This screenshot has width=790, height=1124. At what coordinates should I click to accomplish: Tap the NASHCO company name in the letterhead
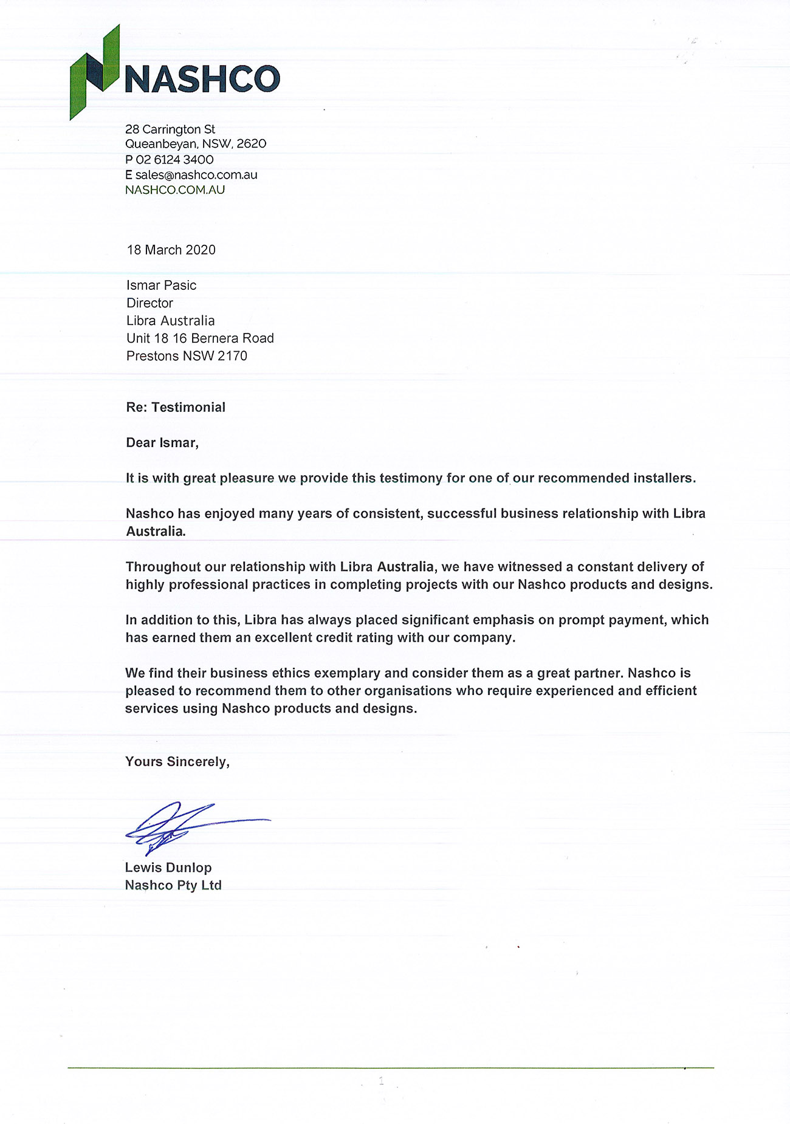click(x=202, y=80)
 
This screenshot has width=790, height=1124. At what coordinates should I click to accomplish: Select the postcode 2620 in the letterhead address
click(x=252, y=144)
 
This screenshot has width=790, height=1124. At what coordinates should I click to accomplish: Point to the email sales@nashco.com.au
click(x=196, y=175)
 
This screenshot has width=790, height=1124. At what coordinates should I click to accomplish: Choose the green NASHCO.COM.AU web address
click(x=175, y=190)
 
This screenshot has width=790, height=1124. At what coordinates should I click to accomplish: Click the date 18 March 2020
click(x=171, y=250)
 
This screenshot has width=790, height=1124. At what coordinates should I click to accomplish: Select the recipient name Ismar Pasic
click(x=162, y=285)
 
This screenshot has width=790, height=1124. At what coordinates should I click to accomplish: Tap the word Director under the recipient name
click(x=150, y=303)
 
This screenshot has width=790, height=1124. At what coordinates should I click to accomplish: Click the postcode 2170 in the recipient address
click(x=233, y=356)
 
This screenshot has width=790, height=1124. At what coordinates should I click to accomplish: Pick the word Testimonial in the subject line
click(x=188, y=407)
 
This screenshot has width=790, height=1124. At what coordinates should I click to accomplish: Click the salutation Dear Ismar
click(x=162, y=442)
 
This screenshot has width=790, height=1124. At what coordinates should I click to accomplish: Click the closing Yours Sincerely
click(x=177, y=762)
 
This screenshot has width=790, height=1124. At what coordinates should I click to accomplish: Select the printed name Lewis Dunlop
click(x=168, y=868)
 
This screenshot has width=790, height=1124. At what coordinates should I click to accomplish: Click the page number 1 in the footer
click(x=382, y=1081)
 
